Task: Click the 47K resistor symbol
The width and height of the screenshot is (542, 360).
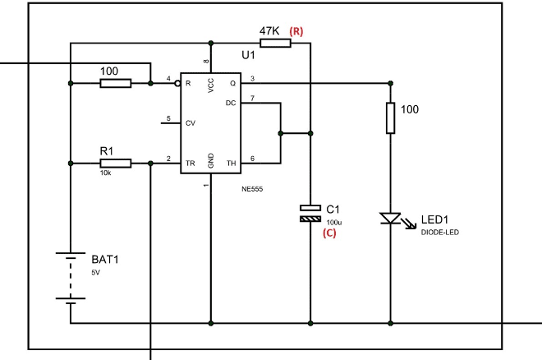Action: tap(277, 43)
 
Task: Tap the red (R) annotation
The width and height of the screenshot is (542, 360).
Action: tap(296, 31)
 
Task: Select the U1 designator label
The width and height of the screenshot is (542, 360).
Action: tap(249, 55)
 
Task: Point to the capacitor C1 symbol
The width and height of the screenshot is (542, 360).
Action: tap(310, 214)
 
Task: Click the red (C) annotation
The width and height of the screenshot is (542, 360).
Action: tap(329, 233)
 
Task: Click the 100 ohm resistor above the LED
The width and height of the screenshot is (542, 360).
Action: tap(390, 120)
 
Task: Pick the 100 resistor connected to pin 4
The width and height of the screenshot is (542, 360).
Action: tap(115, 83)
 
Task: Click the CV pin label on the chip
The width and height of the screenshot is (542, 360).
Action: tap(191, 123)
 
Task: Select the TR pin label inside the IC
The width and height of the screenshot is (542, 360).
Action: tap(191, 164)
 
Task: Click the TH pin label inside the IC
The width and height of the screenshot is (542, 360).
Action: tap(231, 164)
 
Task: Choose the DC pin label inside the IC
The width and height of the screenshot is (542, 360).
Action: tap(231, 104)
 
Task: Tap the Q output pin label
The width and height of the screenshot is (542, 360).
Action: tap(232, 83)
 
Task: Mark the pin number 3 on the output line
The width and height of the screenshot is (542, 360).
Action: tap(252, 78)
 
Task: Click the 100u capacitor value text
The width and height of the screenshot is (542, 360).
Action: tap(333, 222)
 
